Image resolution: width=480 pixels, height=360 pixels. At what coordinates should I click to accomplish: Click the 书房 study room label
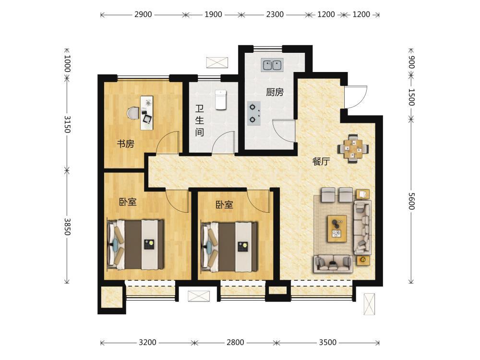pyautogui.click(x=125, y=144)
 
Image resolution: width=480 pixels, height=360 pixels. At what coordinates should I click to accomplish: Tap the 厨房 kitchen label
pyautogui.click(x=275, y=92)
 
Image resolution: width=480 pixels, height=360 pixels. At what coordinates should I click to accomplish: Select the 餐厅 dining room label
pyautogui.click(x=321, y=161)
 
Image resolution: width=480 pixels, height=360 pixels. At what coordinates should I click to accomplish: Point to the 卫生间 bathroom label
pyautogui.click(x=200, y=120)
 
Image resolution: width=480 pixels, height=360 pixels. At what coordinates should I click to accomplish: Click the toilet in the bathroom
pyautogui.click(x=220, y=99)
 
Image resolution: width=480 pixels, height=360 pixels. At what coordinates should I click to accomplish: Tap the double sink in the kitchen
pyautogui.click(x=272, y=65)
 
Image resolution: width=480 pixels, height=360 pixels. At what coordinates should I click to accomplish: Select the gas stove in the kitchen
pyautogui.click(x=254, y=113)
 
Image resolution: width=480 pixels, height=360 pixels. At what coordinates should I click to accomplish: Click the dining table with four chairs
pyautogui.click(x=353, y=149)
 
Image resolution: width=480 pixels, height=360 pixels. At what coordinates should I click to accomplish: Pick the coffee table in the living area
pyautogui.click(x=337, y=228)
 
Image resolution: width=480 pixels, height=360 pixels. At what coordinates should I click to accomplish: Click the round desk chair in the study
pyautogui.click(x=133, y=113)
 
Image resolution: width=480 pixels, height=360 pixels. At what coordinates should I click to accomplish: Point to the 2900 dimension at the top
pyautogui.click(x=143, y=14)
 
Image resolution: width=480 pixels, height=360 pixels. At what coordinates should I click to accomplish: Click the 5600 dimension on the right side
pyautogui.click(x=411, y=201)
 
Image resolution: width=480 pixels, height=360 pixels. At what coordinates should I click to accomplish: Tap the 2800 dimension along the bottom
pyautogui.click(x=235, y=342)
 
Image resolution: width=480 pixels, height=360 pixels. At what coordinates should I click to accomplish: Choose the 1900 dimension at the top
pyautogui.click(x=213, y=14)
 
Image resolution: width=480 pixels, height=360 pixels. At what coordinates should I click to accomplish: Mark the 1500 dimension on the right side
pyautogui.click(x=411, y=97)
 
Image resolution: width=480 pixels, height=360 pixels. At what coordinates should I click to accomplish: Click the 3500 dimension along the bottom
pyautogui.click(x=327, y=342)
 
